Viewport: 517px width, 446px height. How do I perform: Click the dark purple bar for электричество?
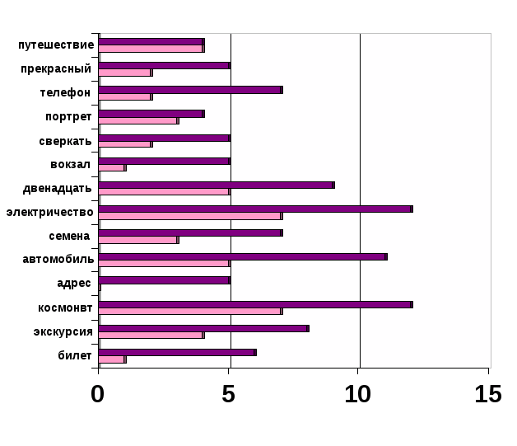(x=255, y=209)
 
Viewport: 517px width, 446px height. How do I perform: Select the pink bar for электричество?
(x=190, y=216)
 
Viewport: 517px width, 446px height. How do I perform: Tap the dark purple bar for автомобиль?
(x=243, y=256)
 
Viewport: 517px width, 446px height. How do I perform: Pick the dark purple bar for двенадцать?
(x=217, y=185)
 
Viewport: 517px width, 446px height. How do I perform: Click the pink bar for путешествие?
(x=151, y=49)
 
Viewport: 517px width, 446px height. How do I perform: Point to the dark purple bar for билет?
(x=177, y=352)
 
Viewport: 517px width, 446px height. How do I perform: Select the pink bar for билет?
(x=112, y=359)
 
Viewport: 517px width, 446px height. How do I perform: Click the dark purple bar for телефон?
(x=190, y=89)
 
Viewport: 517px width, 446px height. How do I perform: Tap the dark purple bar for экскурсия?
(x=203, y=328)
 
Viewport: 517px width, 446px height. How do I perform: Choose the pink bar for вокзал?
(x=112, y=168)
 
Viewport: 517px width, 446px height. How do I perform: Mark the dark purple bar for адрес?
(x=164, y=280)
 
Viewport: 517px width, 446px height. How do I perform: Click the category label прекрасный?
(x=56, y=68)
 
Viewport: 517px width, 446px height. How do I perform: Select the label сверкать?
(x=65, y=140)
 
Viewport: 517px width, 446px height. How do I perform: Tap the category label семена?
(x=69, y=236)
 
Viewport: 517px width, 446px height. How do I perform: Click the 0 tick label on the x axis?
(x=98, y=394)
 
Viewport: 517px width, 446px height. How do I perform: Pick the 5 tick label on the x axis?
(x=229, y=394)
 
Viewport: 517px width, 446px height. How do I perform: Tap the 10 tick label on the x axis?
(x=358, y=394)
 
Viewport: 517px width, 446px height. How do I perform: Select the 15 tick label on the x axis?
(x=488, y=394)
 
